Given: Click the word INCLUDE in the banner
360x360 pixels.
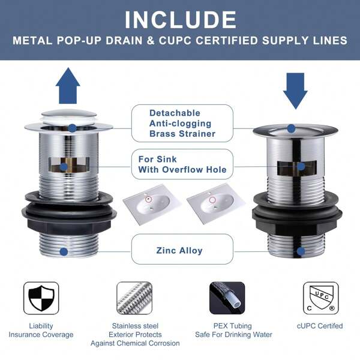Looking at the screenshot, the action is (x=180, y=20).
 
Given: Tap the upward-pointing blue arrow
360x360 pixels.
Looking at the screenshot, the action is (x=68, y=85).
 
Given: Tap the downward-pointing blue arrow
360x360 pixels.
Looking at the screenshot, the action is (x=295, y=91).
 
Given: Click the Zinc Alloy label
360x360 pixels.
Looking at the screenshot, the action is (x=179, y=250).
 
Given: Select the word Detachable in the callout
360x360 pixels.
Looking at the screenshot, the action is (x=175, y=113).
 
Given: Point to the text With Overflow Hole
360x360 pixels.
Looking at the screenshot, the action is (x=182, y=169).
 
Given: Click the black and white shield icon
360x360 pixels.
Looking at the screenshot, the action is (x=41, y=298).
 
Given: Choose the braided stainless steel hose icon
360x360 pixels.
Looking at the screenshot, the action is (x=134, y=298).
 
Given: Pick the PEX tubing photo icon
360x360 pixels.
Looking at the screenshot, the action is (x=227, y=298).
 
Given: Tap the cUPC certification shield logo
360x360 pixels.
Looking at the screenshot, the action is (x=320, y=298).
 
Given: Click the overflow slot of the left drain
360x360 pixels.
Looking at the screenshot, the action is (x=69, y=165).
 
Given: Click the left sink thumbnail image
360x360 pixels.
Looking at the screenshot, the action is (x=152, y=204).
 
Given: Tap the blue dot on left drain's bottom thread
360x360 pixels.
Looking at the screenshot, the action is (x=64, y=251).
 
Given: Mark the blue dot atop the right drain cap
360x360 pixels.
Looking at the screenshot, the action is (x=291, y=128).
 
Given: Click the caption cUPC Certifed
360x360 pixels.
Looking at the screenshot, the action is (x=320, y=326).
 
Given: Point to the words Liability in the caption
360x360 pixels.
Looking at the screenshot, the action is (x=41, y=326).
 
